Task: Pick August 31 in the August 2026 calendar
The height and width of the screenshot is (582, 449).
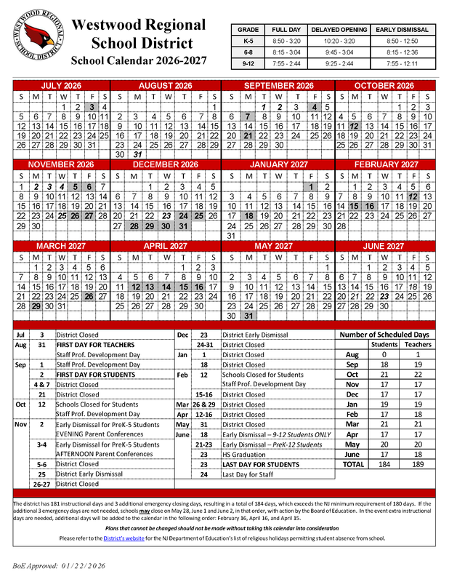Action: [x=136, y=154]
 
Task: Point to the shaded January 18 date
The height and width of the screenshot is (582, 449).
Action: [x=249, y=215]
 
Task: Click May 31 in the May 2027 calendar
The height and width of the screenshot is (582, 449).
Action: [x=249, y=316]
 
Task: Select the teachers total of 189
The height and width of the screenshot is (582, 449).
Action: [x=417, y=463]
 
